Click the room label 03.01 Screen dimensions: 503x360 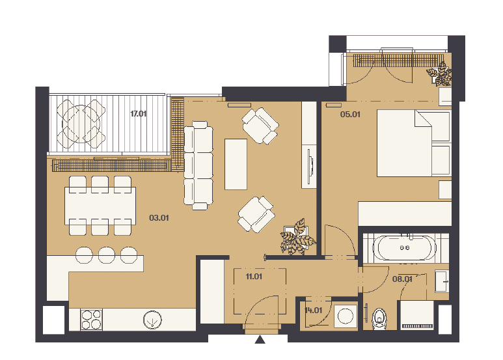point(159,218)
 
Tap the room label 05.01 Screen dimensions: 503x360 point(350,114)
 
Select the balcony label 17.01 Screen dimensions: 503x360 point(138,113)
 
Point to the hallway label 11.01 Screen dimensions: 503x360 point(254,276)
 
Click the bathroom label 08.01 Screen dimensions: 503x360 point(402,279)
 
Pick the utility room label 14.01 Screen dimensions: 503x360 point(313,311)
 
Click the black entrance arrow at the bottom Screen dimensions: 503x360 point(260,339)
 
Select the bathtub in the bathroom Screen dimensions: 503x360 point(405,247)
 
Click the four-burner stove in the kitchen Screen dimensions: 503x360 point(92,320)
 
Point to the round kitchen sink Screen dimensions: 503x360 point(152,320)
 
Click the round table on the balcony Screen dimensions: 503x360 point(81,124)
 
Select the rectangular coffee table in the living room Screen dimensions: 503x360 point(236,164)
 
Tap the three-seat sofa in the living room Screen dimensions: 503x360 point(198,165)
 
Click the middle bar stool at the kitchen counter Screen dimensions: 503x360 point(107,255)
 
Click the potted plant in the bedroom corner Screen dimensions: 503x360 point(439,74)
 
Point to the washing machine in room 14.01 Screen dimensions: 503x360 point(346,316)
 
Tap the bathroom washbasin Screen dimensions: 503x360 point(442,281)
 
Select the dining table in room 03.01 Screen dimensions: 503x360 point(100,206)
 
